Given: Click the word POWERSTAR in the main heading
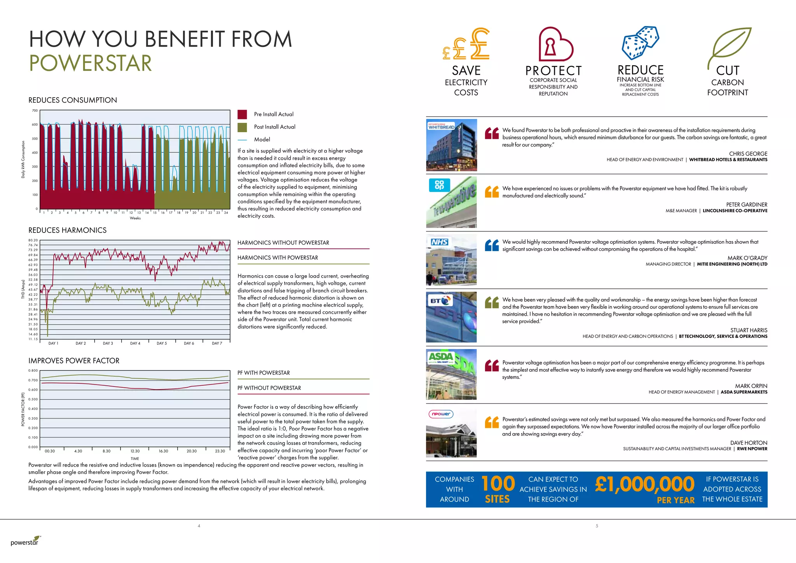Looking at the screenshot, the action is point(91,63).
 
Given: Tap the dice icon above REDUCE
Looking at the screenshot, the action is point(641,43).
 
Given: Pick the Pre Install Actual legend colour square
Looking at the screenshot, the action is point(242,114).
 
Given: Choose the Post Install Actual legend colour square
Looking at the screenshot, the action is point(242,127).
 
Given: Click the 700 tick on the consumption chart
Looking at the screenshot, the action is point(35,111).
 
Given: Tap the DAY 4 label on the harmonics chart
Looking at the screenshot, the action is point(135,343).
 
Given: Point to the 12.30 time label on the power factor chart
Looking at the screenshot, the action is point(135,451).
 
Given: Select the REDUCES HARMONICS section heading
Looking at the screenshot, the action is point(67,230).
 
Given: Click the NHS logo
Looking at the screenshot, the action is point(439,242).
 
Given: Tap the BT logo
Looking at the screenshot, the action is point(441,301).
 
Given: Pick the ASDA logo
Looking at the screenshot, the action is point(441,357).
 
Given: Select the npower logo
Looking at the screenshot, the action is point(441,414).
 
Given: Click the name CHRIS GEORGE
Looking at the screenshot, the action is point(748,154).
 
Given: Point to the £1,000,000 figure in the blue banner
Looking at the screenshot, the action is point(644,484).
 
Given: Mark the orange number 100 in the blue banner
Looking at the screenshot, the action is point(498,484).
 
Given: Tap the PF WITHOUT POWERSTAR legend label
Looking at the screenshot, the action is point(269,388).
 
